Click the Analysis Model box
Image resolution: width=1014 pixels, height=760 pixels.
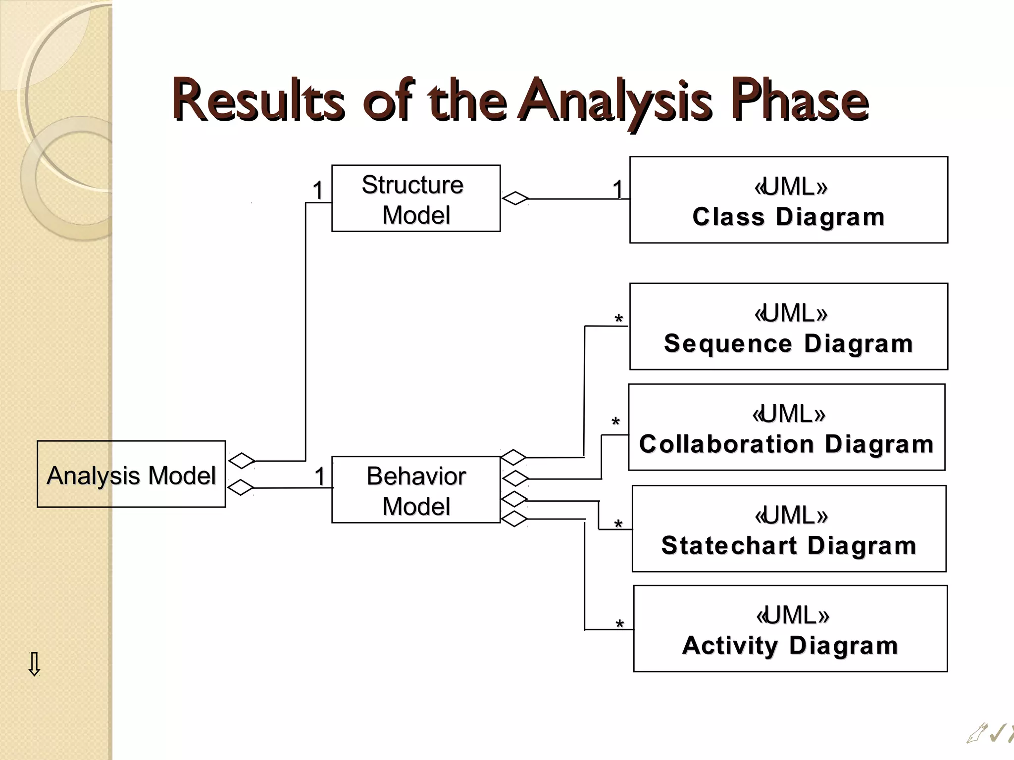pyautogui.click(x=131, y=474)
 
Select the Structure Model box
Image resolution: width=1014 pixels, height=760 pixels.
pyautogui.click(x=415, y=198)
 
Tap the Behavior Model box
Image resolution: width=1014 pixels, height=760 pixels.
pyautogui.click(x=415, y=489)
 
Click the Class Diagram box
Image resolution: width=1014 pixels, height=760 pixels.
pyautogui.click(x=788, y=200)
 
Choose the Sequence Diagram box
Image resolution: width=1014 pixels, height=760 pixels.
pyautogui.click(x=788, y=327)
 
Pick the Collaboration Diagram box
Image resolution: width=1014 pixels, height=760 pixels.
pyautogui.click(x=786, y=427)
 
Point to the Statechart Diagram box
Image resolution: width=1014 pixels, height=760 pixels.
pyautogui.click(x=789, y=528)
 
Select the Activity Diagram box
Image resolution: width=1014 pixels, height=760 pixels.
pyautogui.click(x=790, y=628)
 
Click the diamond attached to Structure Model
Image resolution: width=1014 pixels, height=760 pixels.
pyautogui.click(x=515, y=198)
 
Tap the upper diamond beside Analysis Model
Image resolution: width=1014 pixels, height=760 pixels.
pyautogui.click(x=242, y=461)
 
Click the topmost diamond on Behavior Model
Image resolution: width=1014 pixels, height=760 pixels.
pyautogui.click(x=513, y=457)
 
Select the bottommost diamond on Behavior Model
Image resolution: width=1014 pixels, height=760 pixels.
pyautogui.click(x=513, y=519)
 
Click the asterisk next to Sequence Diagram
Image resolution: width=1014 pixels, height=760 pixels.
pyautogui.click(x=618, y=320)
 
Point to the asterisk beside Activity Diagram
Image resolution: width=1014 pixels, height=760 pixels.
pyautogui.click(x=619, y=625)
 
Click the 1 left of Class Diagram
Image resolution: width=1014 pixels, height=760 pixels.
pyautogui.click(x=617, y=190)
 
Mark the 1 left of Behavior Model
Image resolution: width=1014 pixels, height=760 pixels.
pyautogui.click(x=320, y=476)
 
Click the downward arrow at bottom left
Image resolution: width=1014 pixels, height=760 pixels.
pyautogui.click(x=34, y=664)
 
